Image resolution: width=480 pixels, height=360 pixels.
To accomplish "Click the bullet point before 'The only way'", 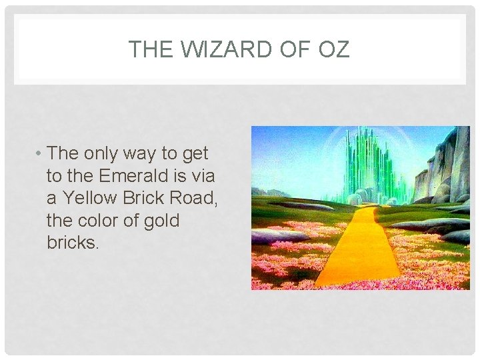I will click(x=40, y=154).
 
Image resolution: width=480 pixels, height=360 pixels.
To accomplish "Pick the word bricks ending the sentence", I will click(x=73, y=242).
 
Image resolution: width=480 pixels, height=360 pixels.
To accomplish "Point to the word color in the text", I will click(x=109, y=220).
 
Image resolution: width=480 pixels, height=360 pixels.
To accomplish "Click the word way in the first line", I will click(x=144, y=154).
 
